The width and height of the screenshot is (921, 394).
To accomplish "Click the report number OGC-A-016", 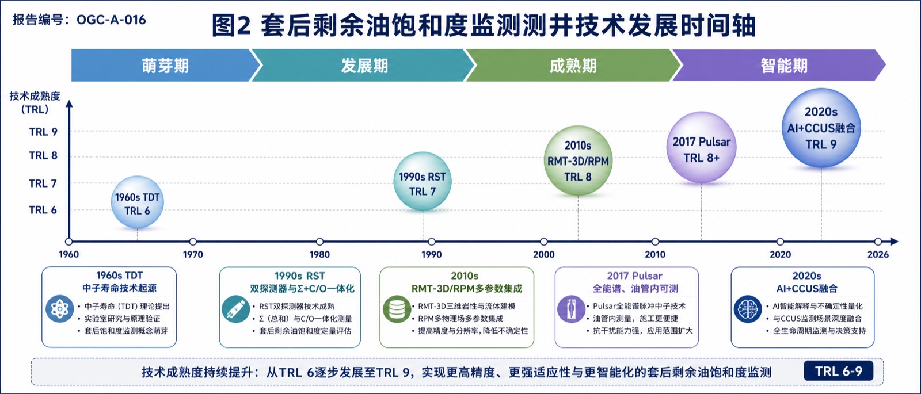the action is [x=111, y=20].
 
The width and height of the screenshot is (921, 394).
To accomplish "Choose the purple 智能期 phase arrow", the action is [x=779, y=66].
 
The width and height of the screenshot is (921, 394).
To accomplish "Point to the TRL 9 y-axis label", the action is [x=43, y=132].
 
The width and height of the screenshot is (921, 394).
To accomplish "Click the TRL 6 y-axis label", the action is [x=43, y=210].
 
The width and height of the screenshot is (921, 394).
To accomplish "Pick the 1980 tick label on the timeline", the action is [x=319, y=254].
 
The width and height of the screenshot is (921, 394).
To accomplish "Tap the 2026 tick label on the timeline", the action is [x=878, y=254].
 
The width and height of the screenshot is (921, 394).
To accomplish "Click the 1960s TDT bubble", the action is [x=137, y=202].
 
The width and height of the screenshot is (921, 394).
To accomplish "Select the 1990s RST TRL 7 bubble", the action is [x=423, y=181].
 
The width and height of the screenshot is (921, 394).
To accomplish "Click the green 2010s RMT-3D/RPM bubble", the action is [x=578, y=160].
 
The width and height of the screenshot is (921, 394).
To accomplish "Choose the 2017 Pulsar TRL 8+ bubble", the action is [x=701, y=147].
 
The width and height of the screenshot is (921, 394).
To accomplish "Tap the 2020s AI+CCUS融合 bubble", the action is [x=821, y=128].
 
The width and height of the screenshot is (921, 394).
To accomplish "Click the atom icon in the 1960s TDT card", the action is [x=60, y=308].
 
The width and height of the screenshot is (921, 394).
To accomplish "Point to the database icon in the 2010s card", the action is [x=397, y=309].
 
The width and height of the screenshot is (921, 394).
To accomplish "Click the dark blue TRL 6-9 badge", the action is [x=838, y=371].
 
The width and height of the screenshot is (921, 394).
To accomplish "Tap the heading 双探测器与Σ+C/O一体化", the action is [x=302, y=288].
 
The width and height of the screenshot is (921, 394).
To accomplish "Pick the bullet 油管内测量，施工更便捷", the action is [x=635, y=319].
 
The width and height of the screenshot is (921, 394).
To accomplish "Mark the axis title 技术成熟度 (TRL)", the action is [x=35, y=103].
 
